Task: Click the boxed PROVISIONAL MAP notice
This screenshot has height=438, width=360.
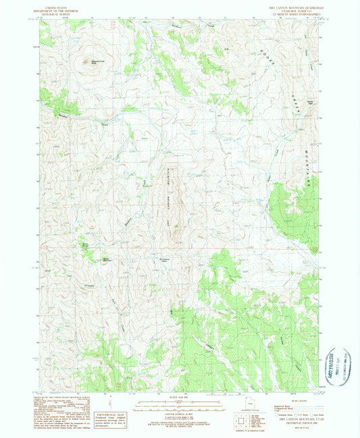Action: tap(111, 413)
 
